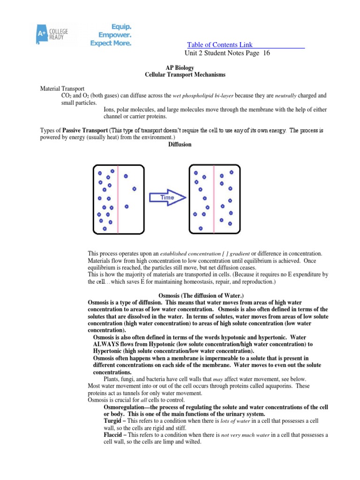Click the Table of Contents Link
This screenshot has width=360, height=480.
220,45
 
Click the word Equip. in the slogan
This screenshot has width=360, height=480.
121,27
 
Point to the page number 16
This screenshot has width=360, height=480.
267,53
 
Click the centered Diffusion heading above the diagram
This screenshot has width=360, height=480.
180,144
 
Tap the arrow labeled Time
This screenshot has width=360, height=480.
167,197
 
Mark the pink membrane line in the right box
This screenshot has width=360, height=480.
214,199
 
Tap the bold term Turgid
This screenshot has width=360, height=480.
112,421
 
